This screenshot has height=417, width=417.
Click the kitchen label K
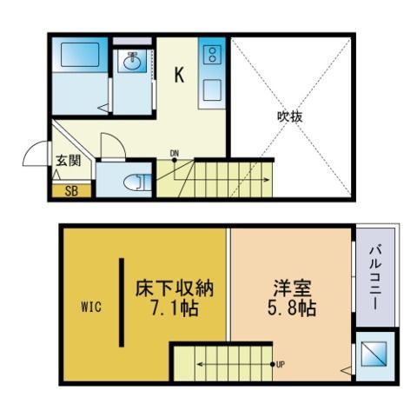[x=179, y=75]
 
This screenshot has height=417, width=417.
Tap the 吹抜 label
[x=290, y=116]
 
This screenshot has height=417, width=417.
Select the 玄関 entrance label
[x=69, y=161]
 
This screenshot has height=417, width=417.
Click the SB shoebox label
[x=71, y=191]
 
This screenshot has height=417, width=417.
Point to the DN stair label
[x=174, y=153]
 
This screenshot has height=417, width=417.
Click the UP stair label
[x=281, y=365]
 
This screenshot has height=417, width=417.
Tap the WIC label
[x=91, y=307]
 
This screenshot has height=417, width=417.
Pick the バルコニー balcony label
[x=375, y=278]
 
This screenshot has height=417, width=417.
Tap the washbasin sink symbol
[x=133, y=61]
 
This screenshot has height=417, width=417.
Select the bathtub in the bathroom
[x=80, y=55]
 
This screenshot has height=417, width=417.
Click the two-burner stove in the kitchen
[x=212, y=55]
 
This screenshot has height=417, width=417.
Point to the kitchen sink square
[x=212, y=90]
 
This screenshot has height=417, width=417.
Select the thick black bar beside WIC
[x=122, y=302]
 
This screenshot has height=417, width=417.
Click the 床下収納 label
[x=175, y=288]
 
